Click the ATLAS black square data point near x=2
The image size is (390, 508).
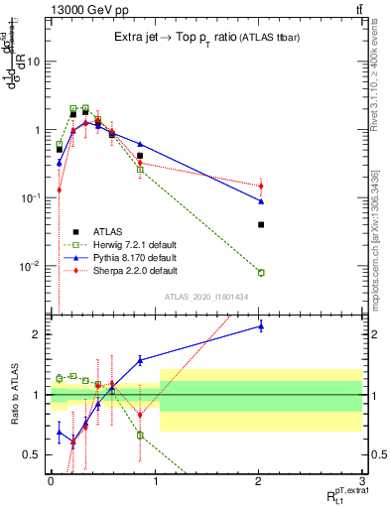[260, 225]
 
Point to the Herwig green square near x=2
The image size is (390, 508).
[260, 272]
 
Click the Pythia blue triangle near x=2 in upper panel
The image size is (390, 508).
[260, 201]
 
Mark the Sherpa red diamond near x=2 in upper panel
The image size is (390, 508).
[260, 186]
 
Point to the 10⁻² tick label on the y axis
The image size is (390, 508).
[32, 266]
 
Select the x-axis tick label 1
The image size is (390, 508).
[155, 479]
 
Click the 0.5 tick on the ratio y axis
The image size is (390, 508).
[34, 455]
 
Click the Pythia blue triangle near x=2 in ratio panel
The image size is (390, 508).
[260, 325]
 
